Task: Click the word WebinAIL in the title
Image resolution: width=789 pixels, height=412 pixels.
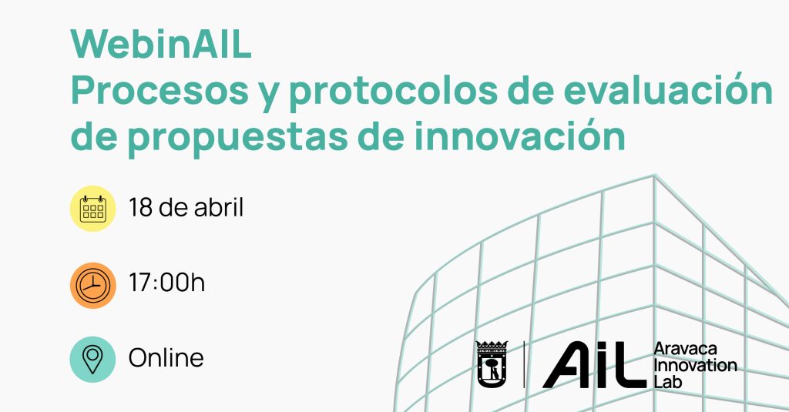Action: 161,45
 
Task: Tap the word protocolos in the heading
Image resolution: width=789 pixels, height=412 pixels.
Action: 394,93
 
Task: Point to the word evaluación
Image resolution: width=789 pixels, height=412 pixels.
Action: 668,89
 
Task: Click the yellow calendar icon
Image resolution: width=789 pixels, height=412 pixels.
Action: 93,208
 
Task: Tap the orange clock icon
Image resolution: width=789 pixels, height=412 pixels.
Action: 93,285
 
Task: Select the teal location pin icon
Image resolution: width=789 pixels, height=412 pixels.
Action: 92,359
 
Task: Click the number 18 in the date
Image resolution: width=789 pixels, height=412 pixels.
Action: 140,207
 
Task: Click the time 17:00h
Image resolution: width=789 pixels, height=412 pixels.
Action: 166,282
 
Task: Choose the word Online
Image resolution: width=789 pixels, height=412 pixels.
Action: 166,358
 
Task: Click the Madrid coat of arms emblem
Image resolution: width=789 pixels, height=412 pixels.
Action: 492,364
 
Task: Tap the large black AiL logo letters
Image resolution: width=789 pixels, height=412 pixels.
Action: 594,365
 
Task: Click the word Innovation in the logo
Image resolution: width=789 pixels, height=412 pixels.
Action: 696,365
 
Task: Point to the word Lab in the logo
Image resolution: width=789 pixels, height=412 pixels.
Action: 668,381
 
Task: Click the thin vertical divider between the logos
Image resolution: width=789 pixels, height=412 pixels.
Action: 524,364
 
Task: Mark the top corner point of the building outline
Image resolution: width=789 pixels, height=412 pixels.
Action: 654,175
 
